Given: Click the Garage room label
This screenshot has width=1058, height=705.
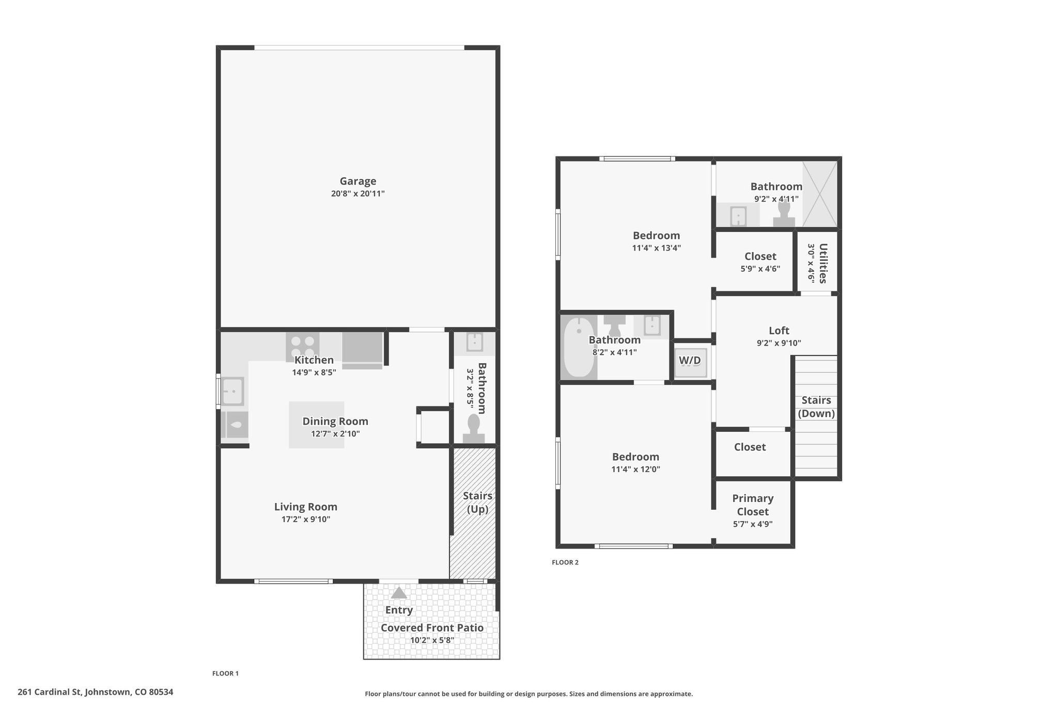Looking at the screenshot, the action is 357,181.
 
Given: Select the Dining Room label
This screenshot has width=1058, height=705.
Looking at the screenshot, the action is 335,421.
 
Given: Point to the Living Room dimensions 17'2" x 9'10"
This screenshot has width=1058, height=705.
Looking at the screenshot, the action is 306,519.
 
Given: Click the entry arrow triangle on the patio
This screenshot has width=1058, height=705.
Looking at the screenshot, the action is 399,593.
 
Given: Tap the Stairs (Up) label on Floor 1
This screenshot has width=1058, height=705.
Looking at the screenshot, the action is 477,503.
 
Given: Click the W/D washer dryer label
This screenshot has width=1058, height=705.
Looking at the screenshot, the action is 690,361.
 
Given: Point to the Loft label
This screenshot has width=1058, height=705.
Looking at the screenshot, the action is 779,331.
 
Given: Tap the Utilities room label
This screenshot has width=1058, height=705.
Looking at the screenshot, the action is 823,263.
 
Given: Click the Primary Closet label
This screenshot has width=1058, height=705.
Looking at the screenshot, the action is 753,505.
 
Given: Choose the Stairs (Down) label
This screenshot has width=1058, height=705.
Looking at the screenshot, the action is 816,407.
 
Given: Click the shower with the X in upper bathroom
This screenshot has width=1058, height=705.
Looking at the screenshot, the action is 819,194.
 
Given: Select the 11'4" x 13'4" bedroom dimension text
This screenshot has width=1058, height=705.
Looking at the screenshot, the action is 657,248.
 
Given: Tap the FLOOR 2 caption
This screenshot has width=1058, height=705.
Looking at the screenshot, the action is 565,562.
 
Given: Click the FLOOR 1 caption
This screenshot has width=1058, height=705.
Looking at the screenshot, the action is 225,673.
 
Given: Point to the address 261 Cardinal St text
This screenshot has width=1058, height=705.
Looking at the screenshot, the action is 96,692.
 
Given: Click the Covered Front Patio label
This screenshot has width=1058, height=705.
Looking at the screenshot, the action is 432,628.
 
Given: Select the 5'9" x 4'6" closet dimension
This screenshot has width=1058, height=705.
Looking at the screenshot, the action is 760,269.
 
